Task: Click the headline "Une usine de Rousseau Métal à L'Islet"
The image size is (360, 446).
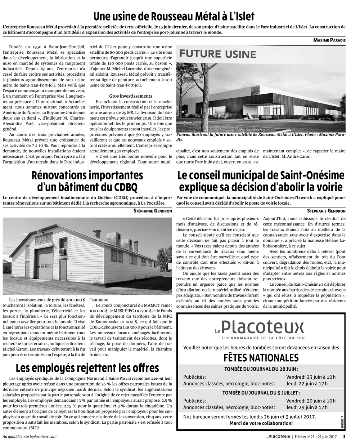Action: [174, 16]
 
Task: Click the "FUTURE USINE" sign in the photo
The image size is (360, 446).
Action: [218, 54]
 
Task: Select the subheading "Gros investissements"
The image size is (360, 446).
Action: [131, 96]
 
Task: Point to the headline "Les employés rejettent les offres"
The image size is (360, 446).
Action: [87, 368]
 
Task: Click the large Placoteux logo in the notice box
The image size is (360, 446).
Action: [262, 327]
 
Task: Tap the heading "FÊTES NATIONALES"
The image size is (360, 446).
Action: [261, 357]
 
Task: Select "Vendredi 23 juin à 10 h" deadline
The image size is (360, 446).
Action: [311, 377]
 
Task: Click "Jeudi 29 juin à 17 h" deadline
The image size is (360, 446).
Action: [307, 407]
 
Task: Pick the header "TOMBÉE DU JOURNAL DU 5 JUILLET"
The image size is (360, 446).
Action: [261, 393]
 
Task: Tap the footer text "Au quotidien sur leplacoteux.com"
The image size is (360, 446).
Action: [30, 437]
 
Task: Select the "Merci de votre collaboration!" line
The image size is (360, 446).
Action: [261, 423]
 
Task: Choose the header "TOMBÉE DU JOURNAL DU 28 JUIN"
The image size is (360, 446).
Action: [261, 369]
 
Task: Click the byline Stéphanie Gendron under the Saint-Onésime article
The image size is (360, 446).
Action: [326, 211]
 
